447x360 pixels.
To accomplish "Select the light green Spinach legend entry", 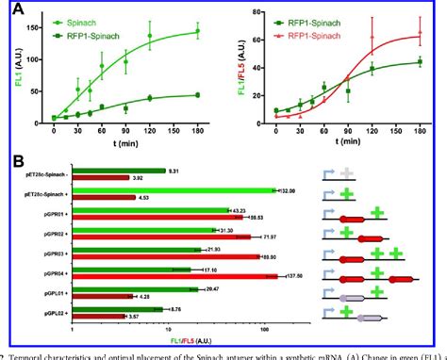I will pyautogui.click(x=72, y=18).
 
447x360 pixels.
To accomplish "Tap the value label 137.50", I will pyautogui.click(x=295, y=276).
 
